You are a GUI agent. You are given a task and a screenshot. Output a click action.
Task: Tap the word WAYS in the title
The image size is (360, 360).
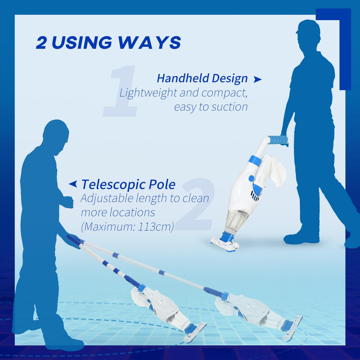point(149,42)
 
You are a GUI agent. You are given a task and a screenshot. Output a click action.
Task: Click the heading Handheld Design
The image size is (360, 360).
point(202,78)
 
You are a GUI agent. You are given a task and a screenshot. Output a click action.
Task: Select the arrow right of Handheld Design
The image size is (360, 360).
point(257,80)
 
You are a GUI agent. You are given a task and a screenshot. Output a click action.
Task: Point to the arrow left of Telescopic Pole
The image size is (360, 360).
point(73,184)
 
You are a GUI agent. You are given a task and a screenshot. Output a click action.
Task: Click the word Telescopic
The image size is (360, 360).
point(113,184)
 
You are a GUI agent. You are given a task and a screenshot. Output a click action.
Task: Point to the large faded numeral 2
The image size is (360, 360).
point(196,204)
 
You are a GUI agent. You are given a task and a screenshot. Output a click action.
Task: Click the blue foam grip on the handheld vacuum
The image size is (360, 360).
point(278,140)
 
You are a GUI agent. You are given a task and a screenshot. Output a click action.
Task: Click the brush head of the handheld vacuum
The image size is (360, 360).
point(225,243)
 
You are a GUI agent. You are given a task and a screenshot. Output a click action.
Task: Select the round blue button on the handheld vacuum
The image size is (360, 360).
point(252,178)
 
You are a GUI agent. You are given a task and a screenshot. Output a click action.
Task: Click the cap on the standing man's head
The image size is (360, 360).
point(308,27)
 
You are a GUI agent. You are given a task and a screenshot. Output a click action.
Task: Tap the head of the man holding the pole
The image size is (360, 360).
point(56,136)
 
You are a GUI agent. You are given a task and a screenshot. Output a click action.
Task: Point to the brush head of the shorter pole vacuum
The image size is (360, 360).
point(195,332)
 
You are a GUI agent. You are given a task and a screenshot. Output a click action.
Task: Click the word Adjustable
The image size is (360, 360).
point(107,198)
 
